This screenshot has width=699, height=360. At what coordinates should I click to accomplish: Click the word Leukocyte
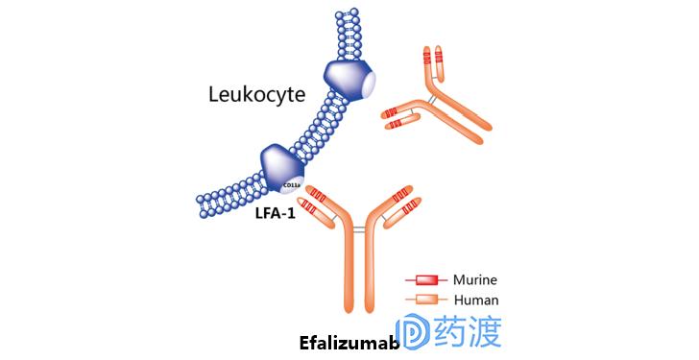256,94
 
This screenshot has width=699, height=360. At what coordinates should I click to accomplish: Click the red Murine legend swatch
423,281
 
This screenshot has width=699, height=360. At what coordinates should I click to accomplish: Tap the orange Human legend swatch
423,300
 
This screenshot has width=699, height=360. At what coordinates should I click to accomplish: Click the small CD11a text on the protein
290,182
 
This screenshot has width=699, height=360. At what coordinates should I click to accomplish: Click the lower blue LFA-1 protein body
278,165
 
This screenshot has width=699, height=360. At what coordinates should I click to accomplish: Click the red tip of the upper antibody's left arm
393,118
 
